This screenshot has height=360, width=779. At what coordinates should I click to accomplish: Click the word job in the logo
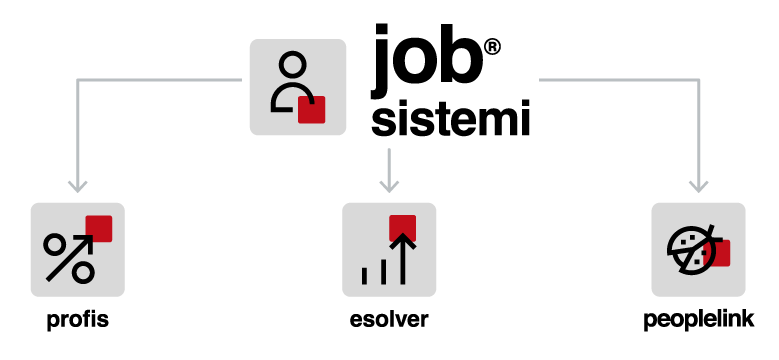pyautogui.click(x=426, y=61)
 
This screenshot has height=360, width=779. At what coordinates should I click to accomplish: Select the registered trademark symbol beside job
pyautogui.click(x=492, y=48)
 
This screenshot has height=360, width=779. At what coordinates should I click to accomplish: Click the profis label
pyautogui.click(x=78, y=320)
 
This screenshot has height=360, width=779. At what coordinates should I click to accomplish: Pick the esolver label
pyautogui.click(x=389, y=320)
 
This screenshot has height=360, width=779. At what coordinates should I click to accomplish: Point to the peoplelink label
pyautogui.click(x=699, y=320)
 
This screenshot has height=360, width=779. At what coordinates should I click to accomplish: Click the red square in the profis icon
pyautogui.click(x=99, y=228)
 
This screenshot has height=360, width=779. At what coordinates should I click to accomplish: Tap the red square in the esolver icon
pyautogui.click(x=402, y=228)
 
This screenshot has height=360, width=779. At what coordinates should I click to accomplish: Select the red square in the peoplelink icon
pyautogui.click(x=717, y=253)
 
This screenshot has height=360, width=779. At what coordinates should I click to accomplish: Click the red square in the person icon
pyautogui.click(x=312, y=109)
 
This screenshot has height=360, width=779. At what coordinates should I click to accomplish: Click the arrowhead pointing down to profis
pyautogui.click(x=78, y=186)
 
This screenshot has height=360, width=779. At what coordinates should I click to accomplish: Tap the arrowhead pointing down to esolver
pyautogui.click(x=389, y=186)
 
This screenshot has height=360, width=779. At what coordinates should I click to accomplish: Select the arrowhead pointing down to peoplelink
pyautogui.click(x=699, y=186)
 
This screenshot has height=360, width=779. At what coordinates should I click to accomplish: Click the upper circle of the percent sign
pyautogui.click(x=54, y=244)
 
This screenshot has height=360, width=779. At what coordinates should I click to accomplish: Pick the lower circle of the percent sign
pyautogui.click(x=82, y=273)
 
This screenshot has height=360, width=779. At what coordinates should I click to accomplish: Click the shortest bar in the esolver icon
pyautogui.click(x=365, y=276)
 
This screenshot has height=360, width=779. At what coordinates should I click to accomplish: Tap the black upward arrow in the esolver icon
pyautogui.click(x=402, y=258)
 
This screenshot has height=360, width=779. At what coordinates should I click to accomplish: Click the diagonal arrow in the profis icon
pyautogui.click(x=71, y=258)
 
